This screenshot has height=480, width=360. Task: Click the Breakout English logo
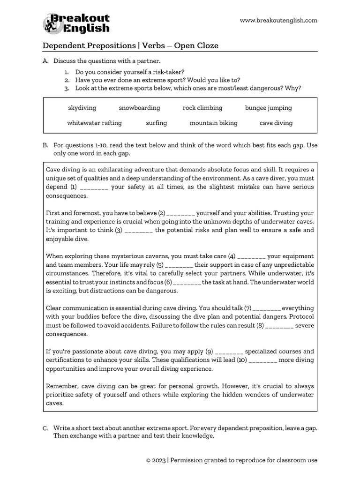pos(76,23)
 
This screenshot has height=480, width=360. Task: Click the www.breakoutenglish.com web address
pos(278,20)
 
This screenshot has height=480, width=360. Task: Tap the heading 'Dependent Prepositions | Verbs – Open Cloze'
pos(130,45)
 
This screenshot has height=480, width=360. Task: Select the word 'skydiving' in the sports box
pos(82,108)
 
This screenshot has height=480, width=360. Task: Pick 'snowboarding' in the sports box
pos(139,108)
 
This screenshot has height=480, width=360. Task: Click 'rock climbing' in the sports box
pos(202,108)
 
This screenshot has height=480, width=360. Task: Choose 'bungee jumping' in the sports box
pos(268,108)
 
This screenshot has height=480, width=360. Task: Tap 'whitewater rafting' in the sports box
pos(94,123)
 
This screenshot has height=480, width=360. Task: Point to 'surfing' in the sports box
pos(156,123)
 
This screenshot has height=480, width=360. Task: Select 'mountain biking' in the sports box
pos(213,123)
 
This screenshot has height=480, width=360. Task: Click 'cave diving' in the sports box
pos(276,123)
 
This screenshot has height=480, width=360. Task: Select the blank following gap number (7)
pos(266,308)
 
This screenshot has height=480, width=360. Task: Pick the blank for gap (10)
pos(263,360)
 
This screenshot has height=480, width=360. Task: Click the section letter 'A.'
pos(45,61)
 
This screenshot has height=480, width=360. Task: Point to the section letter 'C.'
pos(45,428)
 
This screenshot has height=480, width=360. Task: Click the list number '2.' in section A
pos(67,80)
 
